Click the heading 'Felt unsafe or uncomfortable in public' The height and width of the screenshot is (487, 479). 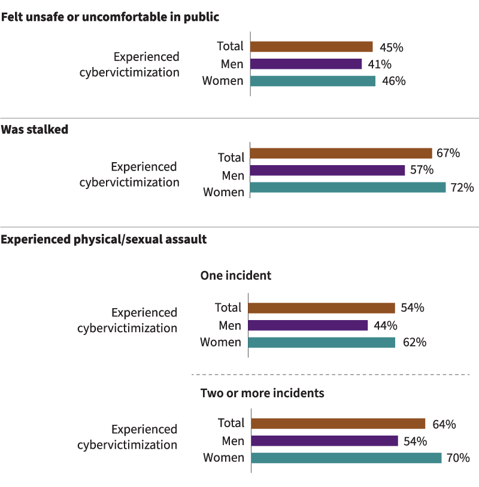pyautogui.click(x=110, y=17)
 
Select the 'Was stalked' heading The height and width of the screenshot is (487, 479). pyautogui.click(x=34, y=129)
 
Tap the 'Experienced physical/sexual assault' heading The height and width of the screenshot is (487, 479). pyautogui.click(x=104, y=239)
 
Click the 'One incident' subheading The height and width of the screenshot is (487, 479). pyautogui.click(x=235, y=276)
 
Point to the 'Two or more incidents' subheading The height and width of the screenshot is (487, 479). pyautogui.click(x=262, y=393)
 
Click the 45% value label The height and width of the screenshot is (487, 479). pyautogui.click(x=390, y=47)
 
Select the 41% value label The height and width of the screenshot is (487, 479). pyautogui.click(x=380, y=64)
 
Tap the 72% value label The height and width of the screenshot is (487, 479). pyautogui.click(x=462, y=188)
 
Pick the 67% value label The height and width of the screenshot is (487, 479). pyautogui.click(x=448, y=153)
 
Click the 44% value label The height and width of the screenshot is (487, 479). pyautogui.click(x=385, y=325)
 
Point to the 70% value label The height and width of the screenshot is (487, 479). pyautogui.click(x=457, y=458)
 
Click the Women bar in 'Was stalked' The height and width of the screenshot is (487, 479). pyautogui.click(x=348, y=187)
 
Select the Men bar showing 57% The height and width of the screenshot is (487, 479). pyautogui.click(x=328, y=171)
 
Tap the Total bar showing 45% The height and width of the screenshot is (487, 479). pyautogui.click(x=311, y=47)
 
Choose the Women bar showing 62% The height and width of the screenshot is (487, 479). pyautogui.click(x=322, y=343)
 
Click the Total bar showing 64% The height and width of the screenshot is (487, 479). pyautogui.click(x=338, y=424)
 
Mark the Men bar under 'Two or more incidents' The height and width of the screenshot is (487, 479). pyautogui.click(x=325, y=441)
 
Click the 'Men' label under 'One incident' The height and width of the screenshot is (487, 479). pyautogui.click(x=230, y=325)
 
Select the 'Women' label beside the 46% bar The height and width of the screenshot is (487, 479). pyautogui.click(x=223, y=81)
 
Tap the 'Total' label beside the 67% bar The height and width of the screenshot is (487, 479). pyautogui.click(x=231, y=157)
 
